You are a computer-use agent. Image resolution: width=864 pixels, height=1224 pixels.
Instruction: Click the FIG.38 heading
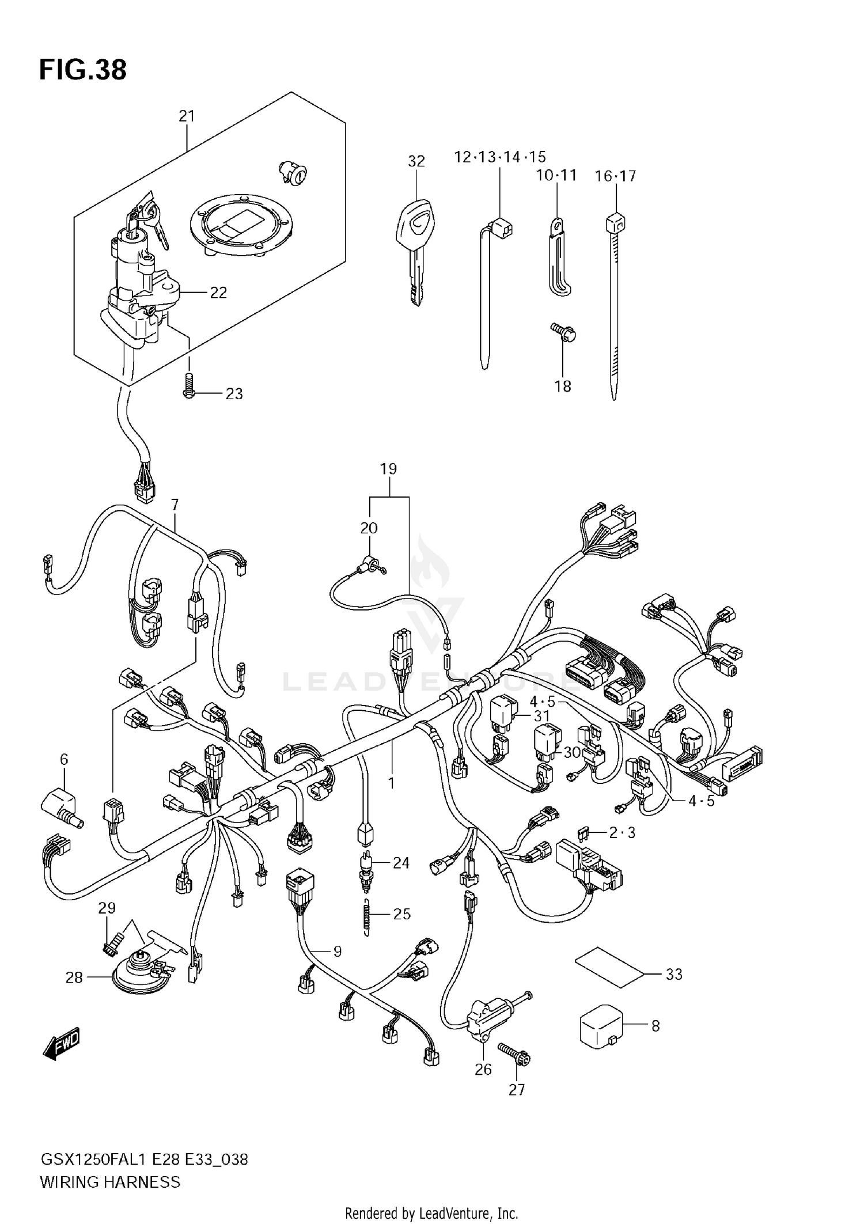pos(83,70)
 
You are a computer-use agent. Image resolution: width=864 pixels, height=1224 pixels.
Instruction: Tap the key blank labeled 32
pos(415,242)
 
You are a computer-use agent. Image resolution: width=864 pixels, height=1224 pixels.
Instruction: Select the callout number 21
pos(187,116)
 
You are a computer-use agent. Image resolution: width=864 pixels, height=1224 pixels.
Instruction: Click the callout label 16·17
pos(615,176)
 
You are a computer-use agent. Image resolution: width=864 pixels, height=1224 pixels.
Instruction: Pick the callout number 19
pos(389,469)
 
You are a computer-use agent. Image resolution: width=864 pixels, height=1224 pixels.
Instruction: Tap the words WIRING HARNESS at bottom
pos(110,1182)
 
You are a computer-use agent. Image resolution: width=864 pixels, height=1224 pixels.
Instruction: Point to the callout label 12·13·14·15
pos(499,157)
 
